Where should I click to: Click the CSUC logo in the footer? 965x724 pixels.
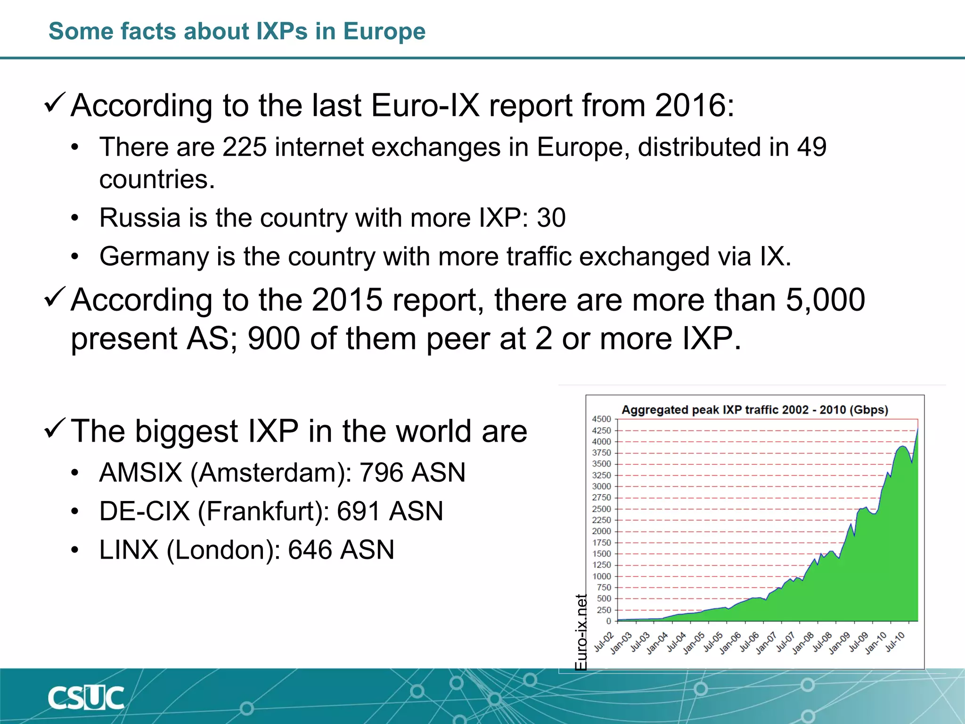(x=86, y=698)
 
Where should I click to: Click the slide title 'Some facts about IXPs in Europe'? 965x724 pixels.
(x=237, y=31)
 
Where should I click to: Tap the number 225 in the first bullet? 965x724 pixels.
(x=245, y=147)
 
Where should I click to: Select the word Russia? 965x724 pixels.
(x=140, y=218)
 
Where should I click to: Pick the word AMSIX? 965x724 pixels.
(x=140, y=472)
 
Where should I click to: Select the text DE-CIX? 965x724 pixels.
(x=144, y=511)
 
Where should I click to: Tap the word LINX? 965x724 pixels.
(x=129, y=550)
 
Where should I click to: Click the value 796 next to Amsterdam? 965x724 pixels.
(x=380, y=472)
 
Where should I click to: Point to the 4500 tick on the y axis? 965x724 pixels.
(x=601, y=419)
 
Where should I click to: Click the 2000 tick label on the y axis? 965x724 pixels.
(x=601, y=531)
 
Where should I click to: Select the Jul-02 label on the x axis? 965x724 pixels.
(x=604, y=642)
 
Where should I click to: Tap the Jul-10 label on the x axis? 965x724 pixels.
(x=895, y=642)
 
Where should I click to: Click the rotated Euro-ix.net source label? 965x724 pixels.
(x=581, y=632)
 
